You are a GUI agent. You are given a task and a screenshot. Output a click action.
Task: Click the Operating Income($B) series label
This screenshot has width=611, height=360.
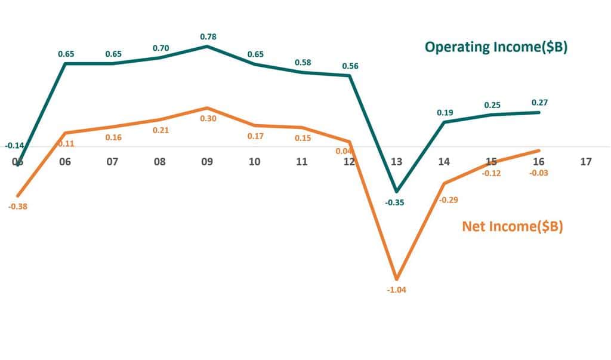click(495, 47)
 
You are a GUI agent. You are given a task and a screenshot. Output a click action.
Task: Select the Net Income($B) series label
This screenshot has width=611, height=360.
click(513, 226)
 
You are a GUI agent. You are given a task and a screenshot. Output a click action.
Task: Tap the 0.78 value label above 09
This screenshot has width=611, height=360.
click(208, 36)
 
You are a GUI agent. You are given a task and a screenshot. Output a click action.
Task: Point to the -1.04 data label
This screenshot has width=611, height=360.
click(396, 290)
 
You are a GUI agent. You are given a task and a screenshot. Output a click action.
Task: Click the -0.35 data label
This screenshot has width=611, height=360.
click(394, 202)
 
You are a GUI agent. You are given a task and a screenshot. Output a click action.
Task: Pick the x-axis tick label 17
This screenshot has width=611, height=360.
click(585, 161)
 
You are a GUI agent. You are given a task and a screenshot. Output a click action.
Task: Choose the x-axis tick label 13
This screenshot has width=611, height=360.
click(396, 161)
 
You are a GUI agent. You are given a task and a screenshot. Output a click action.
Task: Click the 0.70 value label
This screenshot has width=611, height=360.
click(161, 48)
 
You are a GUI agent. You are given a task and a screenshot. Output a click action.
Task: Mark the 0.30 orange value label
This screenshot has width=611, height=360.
click(208, 118)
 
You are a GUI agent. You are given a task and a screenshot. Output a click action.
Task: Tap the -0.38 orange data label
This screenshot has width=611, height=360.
click(18, 206)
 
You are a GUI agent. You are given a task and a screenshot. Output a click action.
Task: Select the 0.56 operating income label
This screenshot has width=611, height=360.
click(350, 66)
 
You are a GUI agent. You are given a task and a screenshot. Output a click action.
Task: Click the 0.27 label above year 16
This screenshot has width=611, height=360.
click(539, 102)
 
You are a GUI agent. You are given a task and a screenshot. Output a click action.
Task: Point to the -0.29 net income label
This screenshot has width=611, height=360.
click(448, 200)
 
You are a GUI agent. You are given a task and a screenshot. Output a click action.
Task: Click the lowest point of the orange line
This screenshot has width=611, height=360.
click(396, 279)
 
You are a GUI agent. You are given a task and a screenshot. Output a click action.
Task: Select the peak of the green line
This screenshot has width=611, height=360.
click(207, 46)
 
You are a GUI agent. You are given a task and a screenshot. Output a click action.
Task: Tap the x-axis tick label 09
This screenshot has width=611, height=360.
click(207, 161)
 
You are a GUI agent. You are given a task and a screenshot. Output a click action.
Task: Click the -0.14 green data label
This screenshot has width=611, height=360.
click(14, 145)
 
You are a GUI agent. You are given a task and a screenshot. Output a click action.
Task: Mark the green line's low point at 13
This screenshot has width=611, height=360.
click(396, 191)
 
